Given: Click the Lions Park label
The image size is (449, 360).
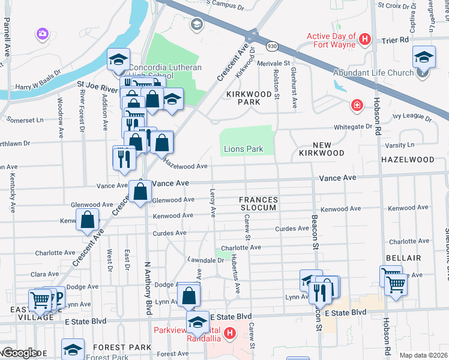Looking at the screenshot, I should coord(244,149).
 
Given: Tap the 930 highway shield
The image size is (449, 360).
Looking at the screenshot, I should coord(273,46).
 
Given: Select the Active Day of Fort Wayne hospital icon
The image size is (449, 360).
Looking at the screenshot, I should coord(364,40).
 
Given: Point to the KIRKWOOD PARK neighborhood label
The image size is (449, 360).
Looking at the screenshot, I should coord(252,98).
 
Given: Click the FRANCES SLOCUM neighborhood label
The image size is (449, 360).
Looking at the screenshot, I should coord(259,203).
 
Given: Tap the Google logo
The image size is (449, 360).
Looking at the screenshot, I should coord(19,353).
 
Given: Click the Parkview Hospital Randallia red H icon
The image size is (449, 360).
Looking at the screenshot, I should coord(229,333).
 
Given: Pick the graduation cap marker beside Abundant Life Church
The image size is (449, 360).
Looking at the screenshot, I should coord(424,58).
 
